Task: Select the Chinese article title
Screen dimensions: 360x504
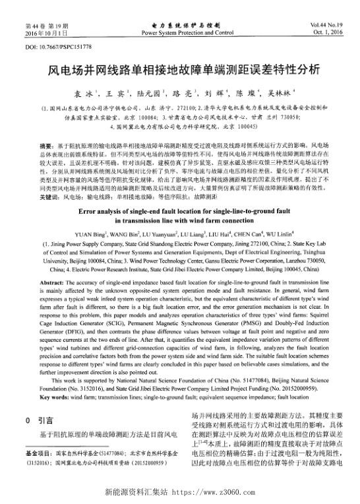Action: click(180, 69)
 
